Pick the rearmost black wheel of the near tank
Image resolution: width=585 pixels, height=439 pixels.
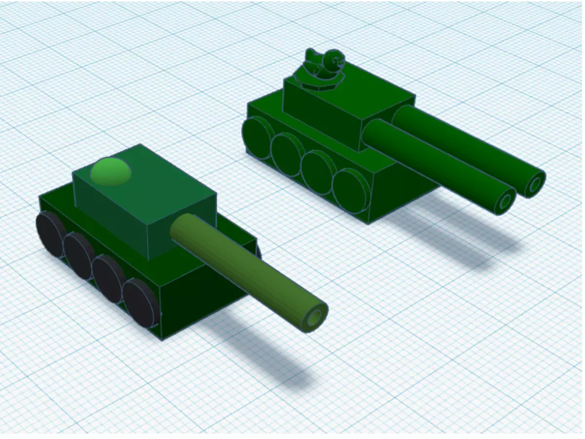[x=50, y=233]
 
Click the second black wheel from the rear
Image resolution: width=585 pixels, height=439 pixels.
[x=79, y=255]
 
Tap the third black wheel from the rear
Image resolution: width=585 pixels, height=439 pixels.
[x=108, y=278]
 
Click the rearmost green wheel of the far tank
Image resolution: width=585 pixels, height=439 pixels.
[x=257, y=136]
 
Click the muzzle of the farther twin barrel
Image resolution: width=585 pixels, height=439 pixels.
[x=535, y=184]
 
